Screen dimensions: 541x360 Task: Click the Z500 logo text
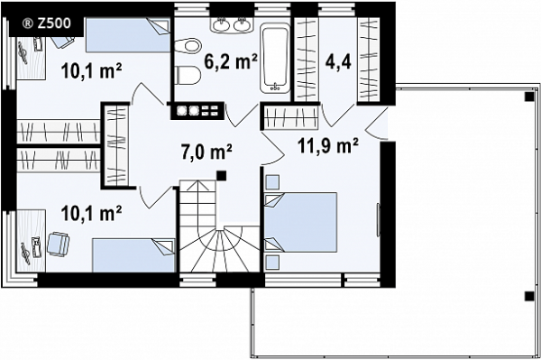click(x=47, y=23)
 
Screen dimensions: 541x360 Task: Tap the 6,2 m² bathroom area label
click(x=231, y=61)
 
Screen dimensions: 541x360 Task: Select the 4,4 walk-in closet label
click(x=338, y=62)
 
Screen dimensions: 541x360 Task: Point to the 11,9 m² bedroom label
click(x=327, y=145)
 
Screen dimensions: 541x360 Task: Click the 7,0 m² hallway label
click(x=206, y=152)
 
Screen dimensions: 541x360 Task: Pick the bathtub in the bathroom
click(x=275, y=59)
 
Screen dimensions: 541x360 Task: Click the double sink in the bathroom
click(x=233, y=25)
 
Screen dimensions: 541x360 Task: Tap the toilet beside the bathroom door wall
click(x=188, y=75)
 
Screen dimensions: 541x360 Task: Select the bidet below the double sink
click(x=188, y=45)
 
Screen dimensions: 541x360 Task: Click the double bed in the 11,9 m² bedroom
click(x=300, y=222)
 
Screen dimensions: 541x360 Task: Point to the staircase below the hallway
click(x=219, y=226)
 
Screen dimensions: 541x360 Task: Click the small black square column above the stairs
click(x=222, y=175)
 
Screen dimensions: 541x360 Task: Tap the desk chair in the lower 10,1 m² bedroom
click(x=59, y=244)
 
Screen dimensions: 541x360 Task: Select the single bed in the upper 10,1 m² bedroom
click(x=128, y=35)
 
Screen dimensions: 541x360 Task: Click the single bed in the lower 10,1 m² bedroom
click(x=133, y=255)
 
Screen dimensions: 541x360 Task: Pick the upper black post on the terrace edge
click(x=528, y=97)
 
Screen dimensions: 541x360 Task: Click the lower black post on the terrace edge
click(x=528, y=296)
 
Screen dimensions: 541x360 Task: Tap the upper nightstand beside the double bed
click(x=272, y=182)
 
